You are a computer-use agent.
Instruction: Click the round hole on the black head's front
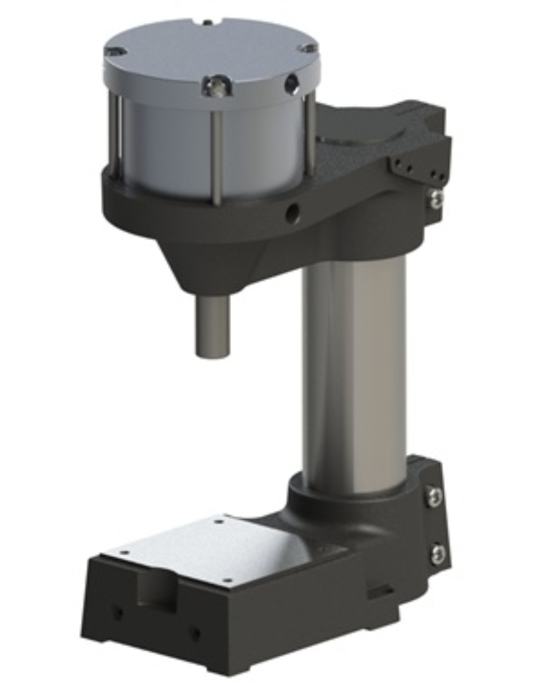tap(291, 212)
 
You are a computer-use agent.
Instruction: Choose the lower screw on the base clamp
tap(438, 554)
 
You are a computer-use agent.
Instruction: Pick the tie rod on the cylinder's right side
tap(310, 134)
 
